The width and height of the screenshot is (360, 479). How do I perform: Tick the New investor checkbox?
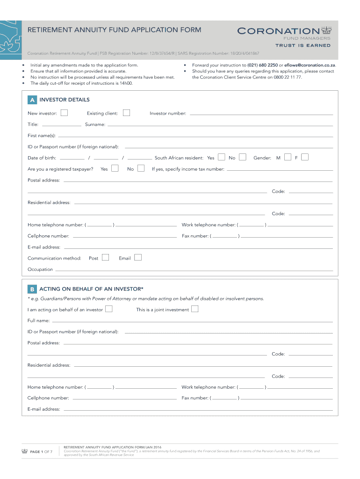click(64, 113)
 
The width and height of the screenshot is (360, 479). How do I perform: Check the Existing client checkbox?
click(126, 113)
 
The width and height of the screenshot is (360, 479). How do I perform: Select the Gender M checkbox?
click(288, 157)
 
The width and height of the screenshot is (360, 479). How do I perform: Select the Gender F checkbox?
click(305, 157)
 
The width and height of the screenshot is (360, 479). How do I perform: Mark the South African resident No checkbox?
click(242, 157)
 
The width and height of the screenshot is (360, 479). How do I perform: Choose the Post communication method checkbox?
click(105, 257)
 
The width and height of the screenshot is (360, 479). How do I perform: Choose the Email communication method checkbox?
click(137, 257)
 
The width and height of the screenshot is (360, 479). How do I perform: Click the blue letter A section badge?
click(32, 100)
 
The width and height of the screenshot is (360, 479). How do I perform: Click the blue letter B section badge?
click(32, 289)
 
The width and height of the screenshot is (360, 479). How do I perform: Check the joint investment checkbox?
click(195, 309)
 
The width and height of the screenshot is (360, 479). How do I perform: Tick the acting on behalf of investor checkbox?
click(108, 309)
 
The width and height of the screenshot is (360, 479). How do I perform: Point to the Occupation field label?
click(40, 269)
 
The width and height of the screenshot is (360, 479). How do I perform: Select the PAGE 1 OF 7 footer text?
click(41, 452)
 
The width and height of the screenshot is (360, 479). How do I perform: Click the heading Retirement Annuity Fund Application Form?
click(115, 30)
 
